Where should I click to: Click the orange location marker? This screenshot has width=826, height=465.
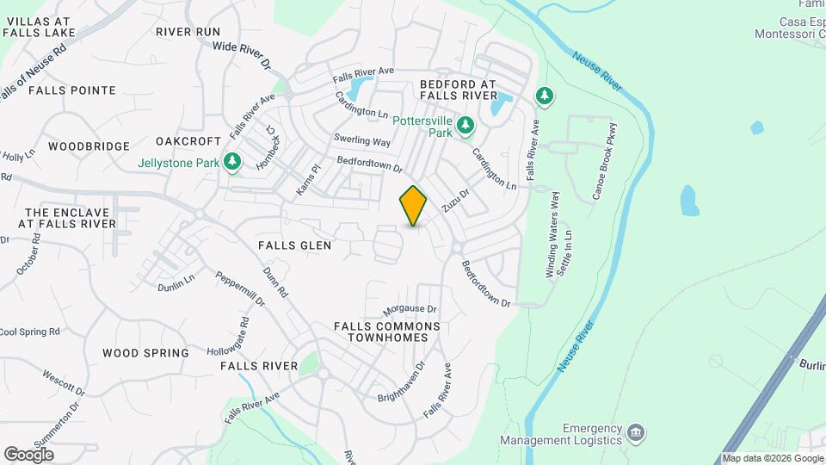[x=413, y=206]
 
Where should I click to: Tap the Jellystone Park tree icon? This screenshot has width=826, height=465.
[x=231, y=162]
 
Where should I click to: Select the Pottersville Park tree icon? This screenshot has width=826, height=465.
[x=465, y=126]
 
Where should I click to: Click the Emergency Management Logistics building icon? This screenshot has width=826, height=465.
[x=636, y=431]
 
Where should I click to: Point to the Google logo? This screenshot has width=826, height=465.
[x=28, y=454]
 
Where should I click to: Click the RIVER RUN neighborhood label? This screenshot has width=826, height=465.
[x=188, y=32]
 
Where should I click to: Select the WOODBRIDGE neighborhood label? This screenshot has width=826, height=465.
[x=89, y=146]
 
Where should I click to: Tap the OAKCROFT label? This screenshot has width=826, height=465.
[x=183, y=140]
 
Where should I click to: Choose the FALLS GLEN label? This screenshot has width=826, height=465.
[x=295, y=245]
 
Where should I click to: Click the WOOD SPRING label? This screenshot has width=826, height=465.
[x=145, y=353]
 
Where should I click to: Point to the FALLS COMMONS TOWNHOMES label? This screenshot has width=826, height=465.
[x=387, y=332]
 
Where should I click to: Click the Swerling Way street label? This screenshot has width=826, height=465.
[x=362, y=140]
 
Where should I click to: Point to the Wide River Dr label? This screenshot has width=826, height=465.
[x=241, y=56]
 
